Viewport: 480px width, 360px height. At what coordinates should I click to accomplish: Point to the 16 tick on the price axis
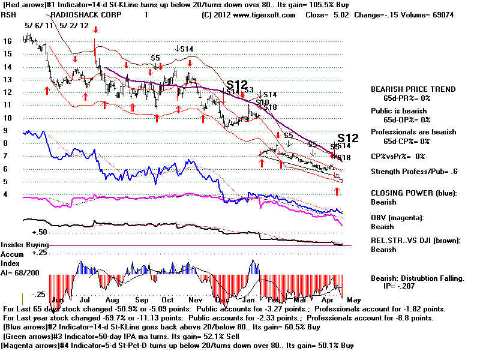pos(7,41)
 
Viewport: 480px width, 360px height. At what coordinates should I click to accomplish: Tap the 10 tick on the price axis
pos(7,118)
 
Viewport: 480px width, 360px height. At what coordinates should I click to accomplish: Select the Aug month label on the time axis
pos(112,299)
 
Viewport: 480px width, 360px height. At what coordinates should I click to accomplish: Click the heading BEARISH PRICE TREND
pos(413,89)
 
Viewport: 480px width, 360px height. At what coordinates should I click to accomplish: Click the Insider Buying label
pos(24,245)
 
